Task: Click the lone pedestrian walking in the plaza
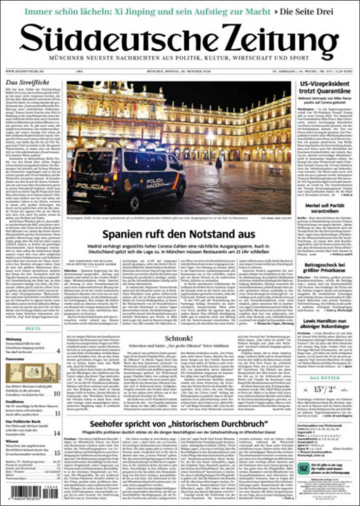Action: [x=218, y=164]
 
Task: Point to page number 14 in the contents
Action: [x=57, y=433]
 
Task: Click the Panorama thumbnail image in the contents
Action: [x=33, y=374]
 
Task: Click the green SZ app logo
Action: [x=305, y=467]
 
